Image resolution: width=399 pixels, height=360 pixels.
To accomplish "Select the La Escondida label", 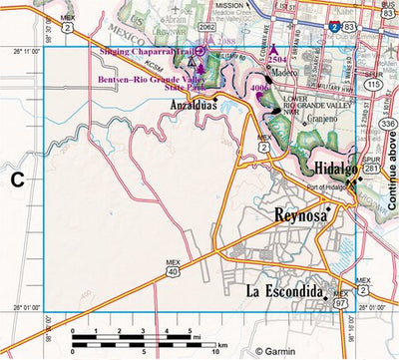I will pyautogui.click(x=285, y=291).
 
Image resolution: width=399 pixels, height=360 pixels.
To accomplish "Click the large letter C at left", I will pyautogui.click(x=17, y=180).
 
